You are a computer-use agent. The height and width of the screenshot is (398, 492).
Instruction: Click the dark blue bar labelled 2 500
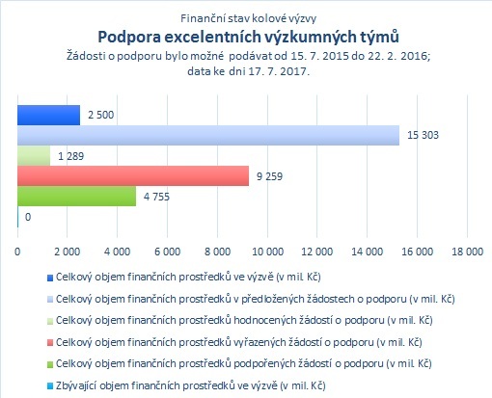(48, 115)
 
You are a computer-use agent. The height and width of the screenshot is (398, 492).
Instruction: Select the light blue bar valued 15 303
(208, 135)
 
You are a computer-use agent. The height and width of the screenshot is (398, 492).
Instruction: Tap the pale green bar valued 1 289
(34, 156)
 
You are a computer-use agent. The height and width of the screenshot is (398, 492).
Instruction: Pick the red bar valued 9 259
(133, 176)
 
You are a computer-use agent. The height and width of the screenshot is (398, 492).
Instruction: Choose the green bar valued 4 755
(76, 197)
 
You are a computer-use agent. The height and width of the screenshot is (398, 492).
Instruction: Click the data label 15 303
(423, 135)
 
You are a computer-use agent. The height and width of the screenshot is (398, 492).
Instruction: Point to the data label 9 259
(269, 176)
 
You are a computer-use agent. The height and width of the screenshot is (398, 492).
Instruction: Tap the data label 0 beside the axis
(28, 217)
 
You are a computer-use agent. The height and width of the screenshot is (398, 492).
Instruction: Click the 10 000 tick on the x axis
(267, 252)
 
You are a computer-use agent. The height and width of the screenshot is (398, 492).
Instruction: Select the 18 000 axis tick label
(468, 252)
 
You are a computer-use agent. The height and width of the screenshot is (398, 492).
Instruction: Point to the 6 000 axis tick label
(168, 252)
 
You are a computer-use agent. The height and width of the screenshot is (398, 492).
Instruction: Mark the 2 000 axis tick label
(68, 252)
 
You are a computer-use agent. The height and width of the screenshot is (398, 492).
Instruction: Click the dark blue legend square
(50, 278)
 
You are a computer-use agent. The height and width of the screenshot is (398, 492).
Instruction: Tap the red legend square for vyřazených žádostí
(50, 343)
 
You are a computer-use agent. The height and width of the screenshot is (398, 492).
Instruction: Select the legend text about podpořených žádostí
(244, 363)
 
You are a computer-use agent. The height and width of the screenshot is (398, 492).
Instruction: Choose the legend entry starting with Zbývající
(191, 385)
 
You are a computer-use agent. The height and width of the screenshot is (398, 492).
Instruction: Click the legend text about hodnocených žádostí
(244, 320)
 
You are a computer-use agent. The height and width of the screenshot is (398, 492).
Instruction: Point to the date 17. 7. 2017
(279, 71)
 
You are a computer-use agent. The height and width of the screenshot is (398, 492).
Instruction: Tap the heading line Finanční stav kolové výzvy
(248, 18)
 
